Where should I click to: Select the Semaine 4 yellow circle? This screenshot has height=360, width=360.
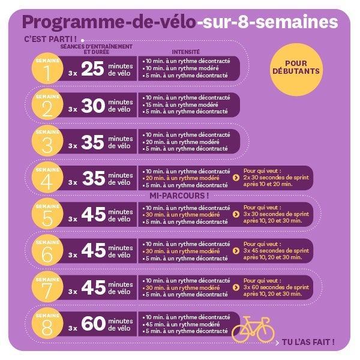tap(47, 178)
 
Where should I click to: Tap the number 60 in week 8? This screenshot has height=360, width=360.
tap(93, 324)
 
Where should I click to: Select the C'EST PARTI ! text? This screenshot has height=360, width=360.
tap(46, 39)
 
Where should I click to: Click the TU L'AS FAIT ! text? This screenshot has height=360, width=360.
tap(308, 343)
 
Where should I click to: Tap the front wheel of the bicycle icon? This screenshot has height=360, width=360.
tap(264, 333)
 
